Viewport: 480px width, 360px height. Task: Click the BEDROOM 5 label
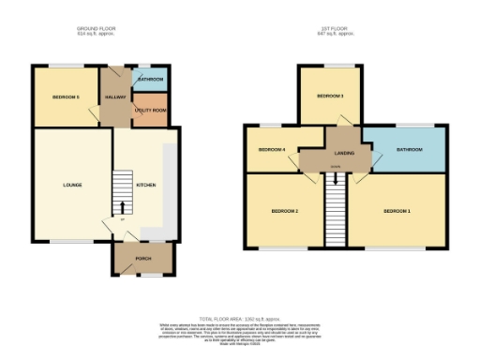pos(65,97)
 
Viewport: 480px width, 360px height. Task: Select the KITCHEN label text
pos(146,185)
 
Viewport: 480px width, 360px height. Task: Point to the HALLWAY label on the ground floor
pos(115,97)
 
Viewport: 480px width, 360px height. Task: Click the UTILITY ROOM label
pos(150,111)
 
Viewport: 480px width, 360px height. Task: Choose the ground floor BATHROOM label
pos(150,80)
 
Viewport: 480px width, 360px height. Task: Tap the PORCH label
pos(143,260)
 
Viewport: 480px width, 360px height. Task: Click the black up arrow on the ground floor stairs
pos(121,207)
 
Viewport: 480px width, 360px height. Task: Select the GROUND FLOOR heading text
pos(98,29)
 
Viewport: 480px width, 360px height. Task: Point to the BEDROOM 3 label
pos(329,97)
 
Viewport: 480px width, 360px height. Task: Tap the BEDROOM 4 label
pos(271,149)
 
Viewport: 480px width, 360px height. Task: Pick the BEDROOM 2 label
pos(284,212)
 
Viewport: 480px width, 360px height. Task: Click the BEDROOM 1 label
pos(397,212)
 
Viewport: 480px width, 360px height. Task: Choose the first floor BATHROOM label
pos(410,149)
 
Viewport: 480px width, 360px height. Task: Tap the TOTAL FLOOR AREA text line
pos(240,318)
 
